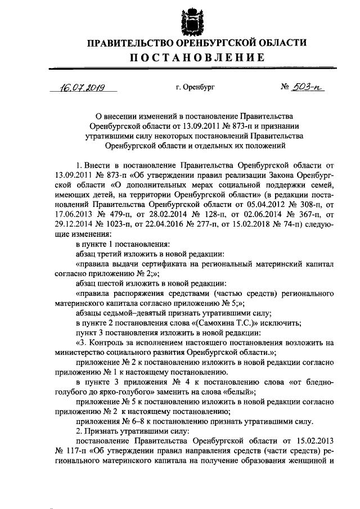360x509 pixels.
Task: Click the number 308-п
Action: (300, 202)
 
